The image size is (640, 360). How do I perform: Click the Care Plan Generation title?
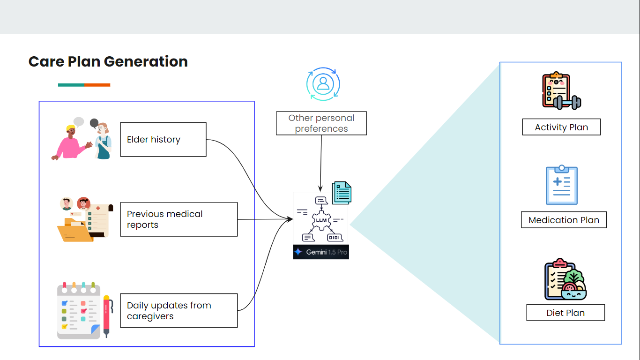tap(108, 61)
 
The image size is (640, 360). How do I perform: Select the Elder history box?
tap(163, 139)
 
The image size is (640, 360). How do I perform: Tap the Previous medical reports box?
tap(179, 219)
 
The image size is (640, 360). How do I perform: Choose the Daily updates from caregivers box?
tap(179, 311)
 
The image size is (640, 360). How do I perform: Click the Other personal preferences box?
tap(321, 123)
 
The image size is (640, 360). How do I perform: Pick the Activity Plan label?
tap(561, 127)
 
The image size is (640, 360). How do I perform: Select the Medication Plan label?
tap(564, 220)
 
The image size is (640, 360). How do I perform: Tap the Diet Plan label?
tap(566, 313)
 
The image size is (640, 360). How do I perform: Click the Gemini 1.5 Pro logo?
tap(321, 252)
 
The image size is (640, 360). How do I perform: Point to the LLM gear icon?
tap(321, 220)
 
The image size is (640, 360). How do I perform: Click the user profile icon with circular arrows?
tap(323, 84)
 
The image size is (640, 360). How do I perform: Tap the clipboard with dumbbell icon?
tap(561, 91)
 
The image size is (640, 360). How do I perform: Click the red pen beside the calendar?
tap(106, 315)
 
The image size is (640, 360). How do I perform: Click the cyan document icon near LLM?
tap(342, 193)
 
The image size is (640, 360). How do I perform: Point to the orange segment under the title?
tap(97, 85)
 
